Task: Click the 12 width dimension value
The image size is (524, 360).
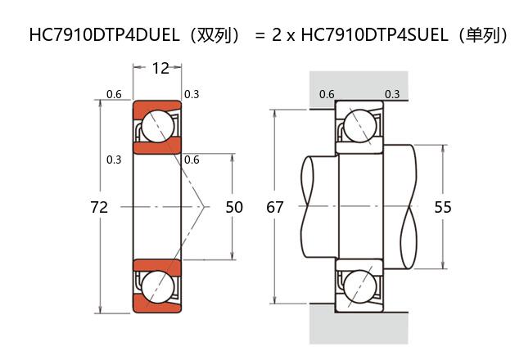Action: pos(160,68)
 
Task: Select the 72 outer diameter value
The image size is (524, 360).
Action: pos(99,207)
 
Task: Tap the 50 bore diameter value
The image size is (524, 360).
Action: pos(234,207)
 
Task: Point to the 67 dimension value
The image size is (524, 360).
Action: pos(276,207)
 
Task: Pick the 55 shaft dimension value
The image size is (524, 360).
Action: pos(443,207)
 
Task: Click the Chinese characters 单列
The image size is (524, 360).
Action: pos(483,35)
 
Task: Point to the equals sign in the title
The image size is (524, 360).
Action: pos(260,35)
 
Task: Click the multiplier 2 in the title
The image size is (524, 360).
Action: pos(276,35)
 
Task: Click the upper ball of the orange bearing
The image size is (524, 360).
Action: pos(156,127)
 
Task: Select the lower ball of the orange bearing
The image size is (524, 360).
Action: pos(156,287)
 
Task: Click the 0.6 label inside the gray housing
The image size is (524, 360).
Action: pos(327,94)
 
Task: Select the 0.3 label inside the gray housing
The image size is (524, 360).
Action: pos(392,94)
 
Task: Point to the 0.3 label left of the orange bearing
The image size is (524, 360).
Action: pos(114,160)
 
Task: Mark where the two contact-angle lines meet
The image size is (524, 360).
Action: pos(204,207)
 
